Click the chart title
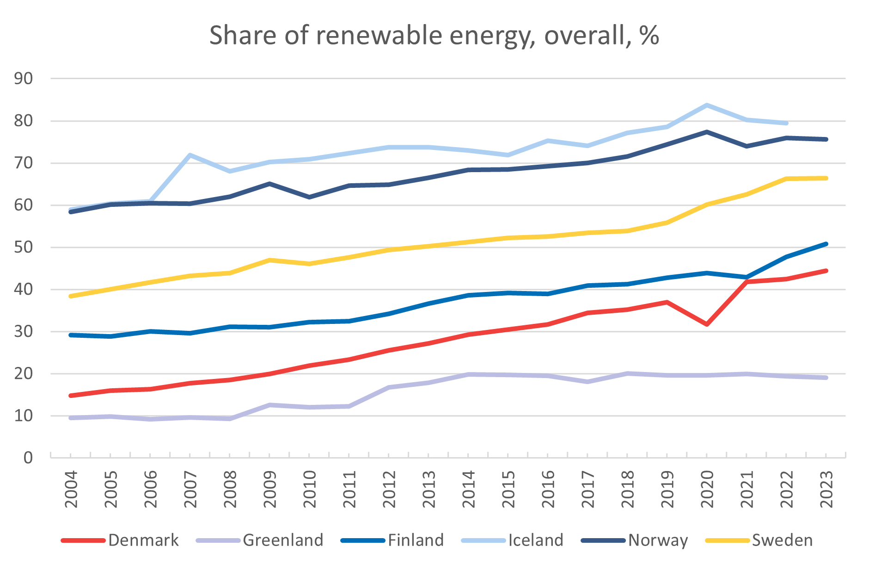[x=434, y=36]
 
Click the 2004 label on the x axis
[x=71, y=490]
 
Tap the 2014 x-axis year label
[x=469, y=490]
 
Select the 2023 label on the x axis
[x=826, y=490]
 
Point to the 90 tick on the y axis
[x=24, y=79]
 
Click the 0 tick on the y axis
[x=28, y=458]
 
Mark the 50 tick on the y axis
[x=24, y=247]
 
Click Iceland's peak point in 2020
[x=707, y=106]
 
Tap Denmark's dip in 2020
[x=707, y=324]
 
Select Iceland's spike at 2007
[x=190, y=155]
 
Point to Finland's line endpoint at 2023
[x=826, y=244]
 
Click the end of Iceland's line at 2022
[x=786, y=123]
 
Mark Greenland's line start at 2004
[x=71, y=418]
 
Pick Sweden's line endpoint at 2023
[x=826, y=178]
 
